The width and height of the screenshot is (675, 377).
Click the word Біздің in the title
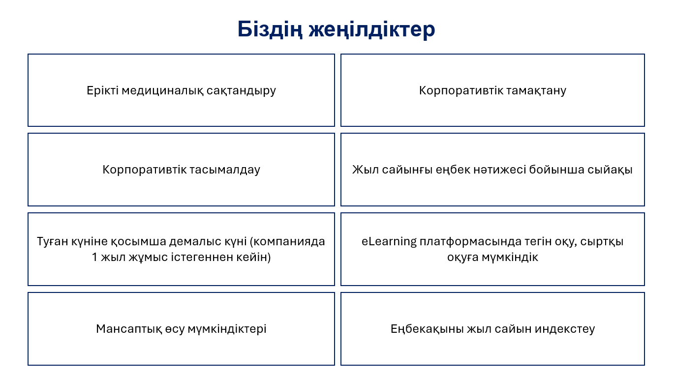click(x=270, y=29)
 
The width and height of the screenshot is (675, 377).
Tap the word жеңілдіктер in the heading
click(x=372, y=29)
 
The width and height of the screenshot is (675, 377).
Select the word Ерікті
click(x=102, y=90)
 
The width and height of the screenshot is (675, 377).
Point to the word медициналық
click(x=163, y=90)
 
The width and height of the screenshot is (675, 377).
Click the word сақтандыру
click(x=242, y=90)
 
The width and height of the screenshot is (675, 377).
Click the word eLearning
click(x=389, y=241)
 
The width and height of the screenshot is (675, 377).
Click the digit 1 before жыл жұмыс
click(x=94, y=257)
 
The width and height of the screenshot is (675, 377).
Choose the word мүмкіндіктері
click(x=227, y=329)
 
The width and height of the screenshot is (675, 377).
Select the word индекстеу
click(x=565, y=329)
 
